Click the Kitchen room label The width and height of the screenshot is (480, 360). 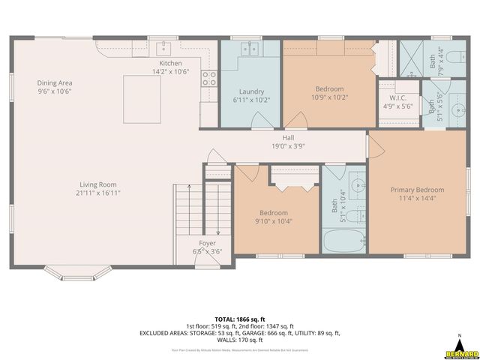click(x=170, y=63)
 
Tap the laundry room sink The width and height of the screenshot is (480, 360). click(x=250, y=49)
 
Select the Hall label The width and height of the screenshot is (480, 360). click(x=288, y=138)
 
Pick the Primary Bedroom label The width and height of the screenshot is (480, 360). click(x=417, y=190)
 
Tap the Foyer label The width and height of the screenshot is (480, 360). click(x=206, y=244)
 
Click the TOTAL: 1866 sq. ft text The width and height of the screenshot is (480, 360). click(x=239, y=319)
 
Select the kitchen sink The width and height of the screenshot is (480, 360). click(x=163, y=49)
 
